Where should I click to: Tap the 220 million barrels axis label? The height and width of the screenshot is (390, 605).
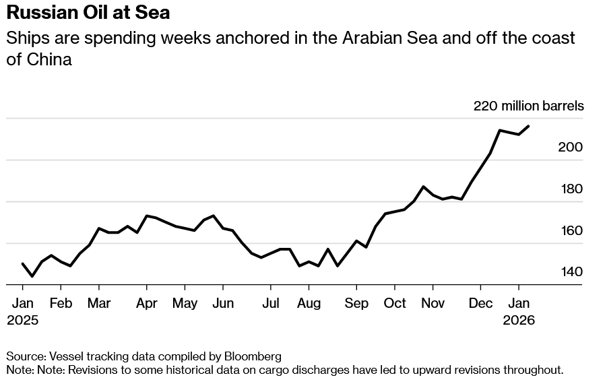(x=528, y=106)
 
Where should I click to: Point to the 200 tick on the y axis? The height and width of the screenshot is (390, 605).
(x=571, y=148)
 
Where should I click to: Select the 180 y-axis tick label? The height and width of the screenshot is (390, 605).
(x=571, y=189)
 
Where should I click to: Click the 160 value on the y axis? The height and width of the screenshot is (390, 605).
(x=571, y=231)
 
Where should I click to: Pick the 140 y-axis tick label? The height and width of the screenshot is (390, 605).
(x=571, y=272)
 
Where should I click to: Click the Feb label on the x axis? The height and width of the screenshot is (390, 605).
(x=61, y=303)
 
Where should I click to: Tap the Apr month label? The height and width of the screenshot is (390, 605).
(x=146, y=303)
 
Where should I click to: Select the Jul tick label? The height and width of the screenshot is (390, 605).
(x=271, y=303)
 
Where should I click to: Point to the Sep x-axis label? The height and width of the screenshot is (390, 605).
(x=356, y=303)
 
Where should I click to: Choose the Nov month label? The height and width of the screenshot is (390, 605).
(x=433, y=303)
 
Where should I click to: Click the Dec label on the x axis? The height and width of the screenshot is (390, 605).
(x=480, y=303)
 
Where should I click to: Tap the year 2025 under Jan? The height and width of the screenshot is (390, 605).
(x=23, y=321)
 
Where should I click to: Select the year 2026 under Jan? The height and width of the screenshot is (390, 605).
(x=519, y=321)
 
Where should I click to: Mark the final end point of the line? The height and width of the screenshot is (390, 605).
(x=528, y=126)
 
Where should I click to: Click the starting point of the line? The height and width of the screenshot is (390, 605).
(x=23, y=264)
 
